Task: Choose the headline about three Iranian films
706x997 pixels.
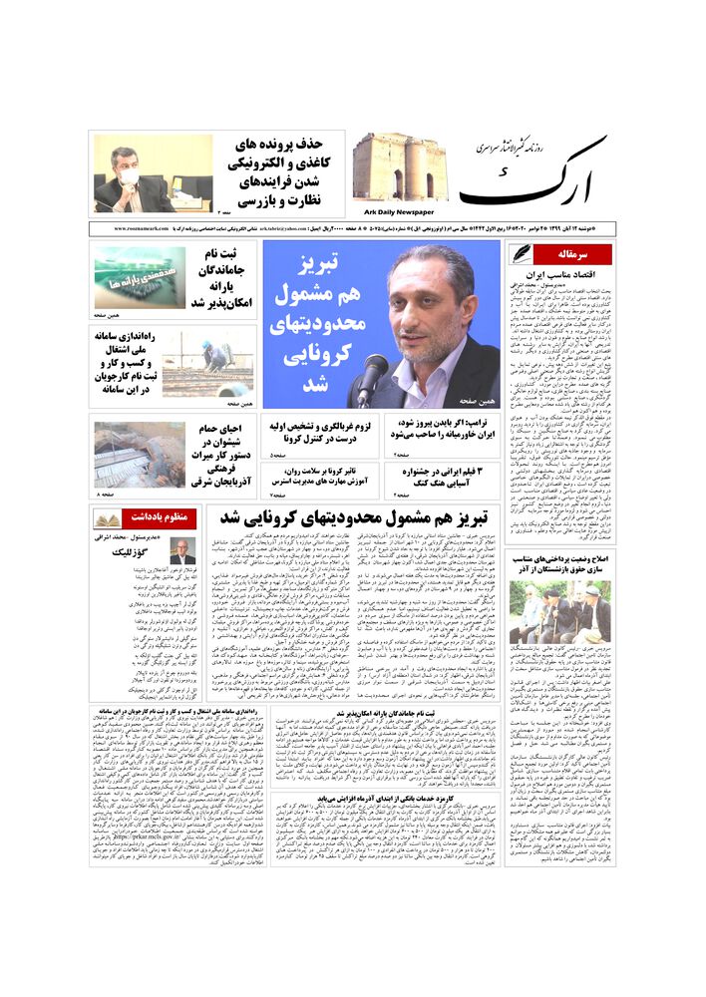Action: (x=443, y=477)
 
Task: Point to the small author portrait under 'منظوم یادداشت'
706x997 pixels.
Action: (x=181, y=551)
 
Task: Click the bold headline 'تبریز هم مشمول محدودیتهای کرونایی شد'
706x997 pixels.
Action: (x=354, y=519)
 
